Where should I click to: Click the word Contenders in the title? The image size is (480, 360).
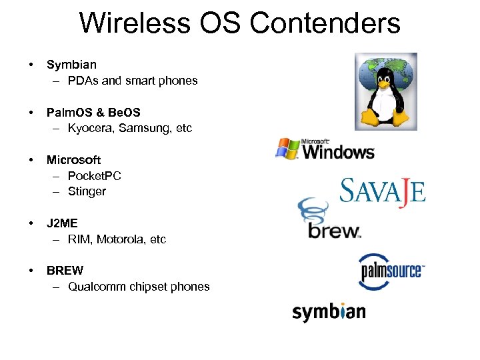pos(325,23)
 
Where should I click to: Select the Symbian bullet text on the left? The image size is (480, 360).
pos(71,65)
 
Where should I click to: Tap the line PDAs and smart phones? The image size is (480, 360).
pos(133,81)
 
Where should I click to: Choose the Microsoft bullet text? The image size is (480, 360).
pos(73,160)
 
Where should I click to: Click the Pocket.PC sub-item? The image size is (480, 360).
pos(95,176)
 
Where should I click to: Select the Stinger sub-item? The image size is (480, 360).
pos(87,192)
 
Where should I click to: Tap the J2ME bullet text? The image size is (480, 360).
pos(62,223)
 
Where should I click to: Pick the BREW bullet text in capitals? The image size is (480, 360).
pos(65,271)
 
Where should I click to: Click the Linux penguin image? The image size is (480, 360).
pos(385,91)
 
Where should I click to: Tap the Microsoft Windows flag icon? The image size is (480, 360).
pos(287,148)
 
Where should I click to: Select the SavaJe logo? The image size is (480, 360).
pos(382,192)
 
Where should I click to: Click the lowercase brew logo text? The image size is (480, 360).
pos(333,230)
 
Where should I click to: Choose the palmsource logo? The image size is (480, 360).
pos(391,271)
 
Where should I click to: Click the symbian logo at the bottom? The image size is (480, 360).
pos(329,312)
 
